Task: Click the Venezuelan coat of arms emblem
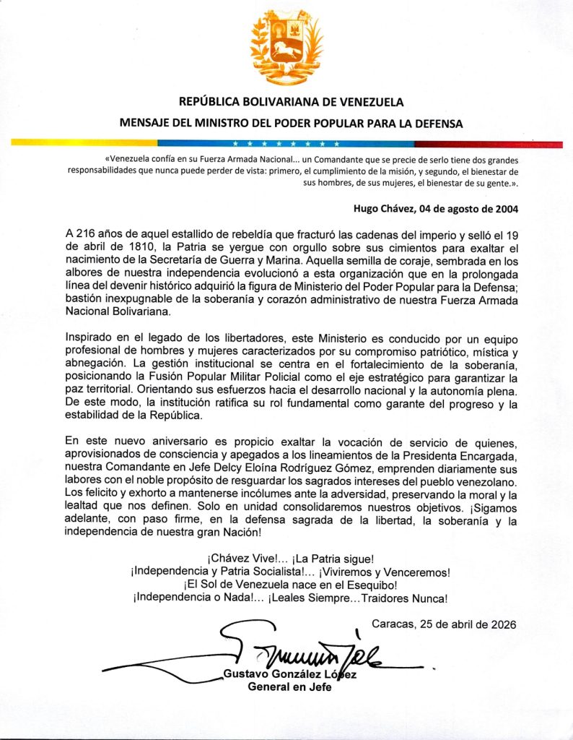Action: pos(286,48)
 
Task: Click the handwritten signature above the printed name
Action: pos(303,650)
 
